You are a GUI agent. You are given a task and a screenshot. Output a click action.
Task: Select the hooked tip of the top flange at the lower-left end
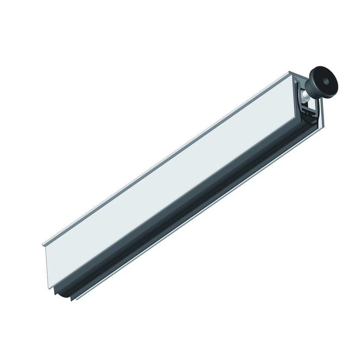(44, 244)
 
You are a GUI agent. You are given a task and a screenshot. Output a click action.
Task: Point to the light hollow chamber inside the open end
(302, 105)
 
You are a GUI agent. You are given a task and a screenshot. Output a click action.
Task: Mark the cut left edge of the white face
(46, 267)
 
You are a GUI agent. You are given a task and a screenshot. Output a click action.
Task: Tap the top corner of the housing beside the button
(291, 73)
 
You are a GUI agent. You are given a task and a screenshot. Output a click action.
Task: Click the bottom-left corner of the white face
(48, 288)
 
